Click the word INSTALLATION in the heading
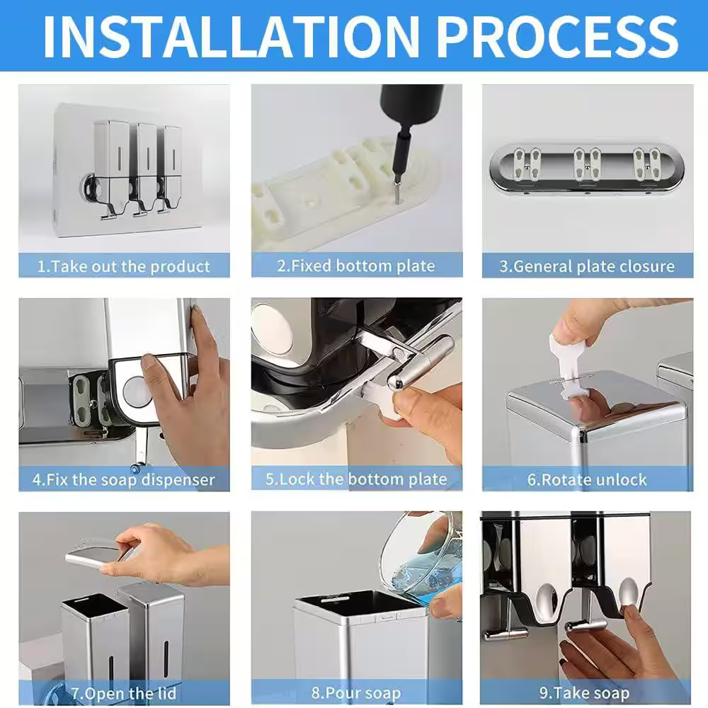pos(231,37)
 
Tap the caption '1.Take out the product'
pos(123,266)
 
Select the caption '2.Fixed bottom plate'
pos(356,265)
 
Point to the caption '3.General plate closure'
pos(587,266)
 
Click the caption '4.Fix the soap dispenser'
pos(123,479)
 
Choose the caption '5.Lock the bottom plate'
pos(356,479)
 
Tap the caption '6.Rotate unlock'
pos(587,479)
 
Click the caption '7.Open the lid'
pos(123,693)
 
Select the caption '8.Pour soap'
pos(356,692)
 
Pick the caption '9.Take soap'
pos(585,692)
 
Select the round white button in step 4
pos(137,391)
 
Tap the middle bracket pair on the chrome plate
pos(587,164)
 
